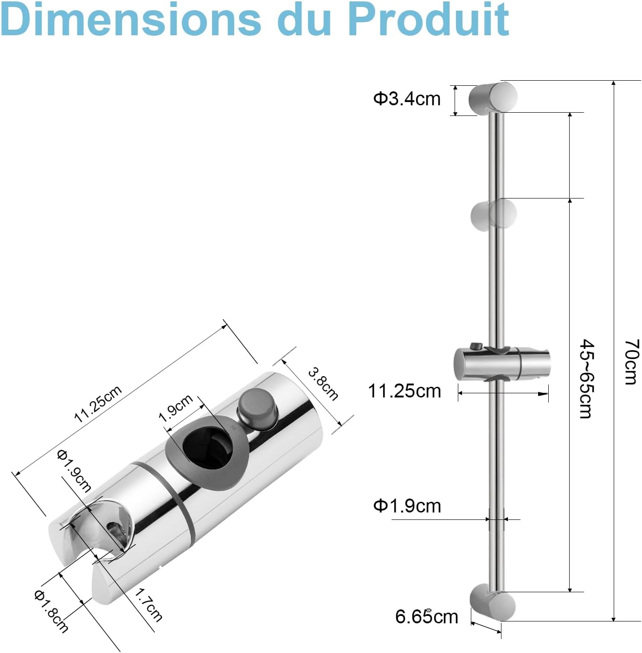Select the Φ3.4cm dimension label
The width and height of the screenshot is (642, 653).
point(407,99)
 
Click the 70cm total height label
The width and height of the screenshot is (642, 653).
point(631,362)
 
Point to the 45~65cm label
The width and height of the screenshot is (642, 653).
point(587,378)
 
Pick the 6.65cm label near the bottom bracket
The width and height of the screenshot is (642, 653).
point(426,617)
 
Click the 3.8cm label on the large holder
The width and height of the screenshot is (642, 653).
point(323,384)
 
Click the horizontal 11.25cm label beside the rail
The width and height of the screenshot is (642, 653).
point(404,391)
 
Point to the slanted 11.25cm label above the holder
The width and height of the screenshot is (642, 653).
point(98,403)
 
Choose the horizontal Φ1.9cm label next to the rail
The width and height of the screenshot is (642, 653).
point(407,506)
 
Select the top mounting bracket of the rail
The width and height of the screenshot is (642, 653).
point(493,97)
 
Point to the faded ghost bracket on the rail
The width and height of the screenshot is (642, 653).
point(493,215)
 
